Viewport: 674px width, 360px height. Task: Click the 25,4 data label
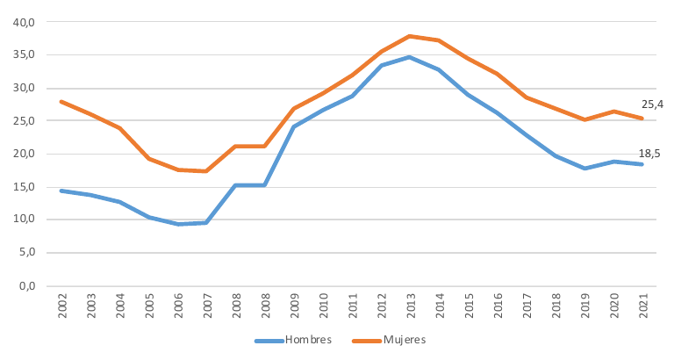653,104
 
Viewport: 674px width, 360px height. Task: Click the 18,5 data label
649,154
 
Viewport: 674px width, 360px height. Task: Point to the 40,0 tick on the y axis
24,22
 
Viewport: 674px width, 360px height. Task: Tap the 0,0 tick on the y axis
26,286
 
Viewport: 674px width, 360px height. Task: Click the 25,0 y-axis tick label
24,121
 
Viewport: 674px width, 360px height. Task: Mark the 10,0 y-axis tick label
24,220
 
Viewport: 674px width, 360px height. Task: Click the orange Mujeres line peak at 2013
409,36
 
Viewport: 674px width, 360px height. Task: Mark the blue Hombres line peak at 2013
409,57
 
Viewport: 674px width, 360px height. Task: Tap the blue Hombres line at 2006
178,224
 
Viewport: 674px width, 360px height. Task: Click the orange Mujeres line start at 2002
62,102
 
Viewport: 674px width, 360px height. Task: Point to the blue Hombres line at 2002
62,191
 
